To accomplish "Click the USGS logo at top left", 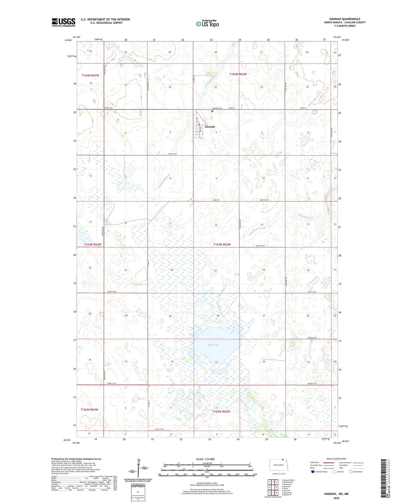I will coord(63,22).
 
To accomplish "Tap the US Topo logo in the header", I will coord(207,24).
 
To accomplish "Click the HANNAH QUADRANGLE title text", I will coord(344,19).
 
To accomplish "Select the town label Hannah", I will coord(210,127).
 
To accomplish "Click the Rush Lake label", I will coord(214,345).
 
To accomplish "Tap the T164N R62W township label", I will coord(238,74).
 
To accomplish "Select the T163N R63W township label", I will coord(93,244).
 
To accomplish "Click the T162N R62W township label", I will coord(221,411).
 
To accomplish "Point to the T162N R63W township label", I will coord(89,409).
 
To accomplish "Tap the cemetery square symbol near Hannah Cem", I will coord(212,111).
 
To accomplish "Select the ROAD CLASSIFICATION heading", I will coord(336,459).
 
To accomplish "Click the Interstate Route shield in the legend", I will coord(313,471).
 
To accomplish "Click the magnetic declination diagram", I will coord(140,470).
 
